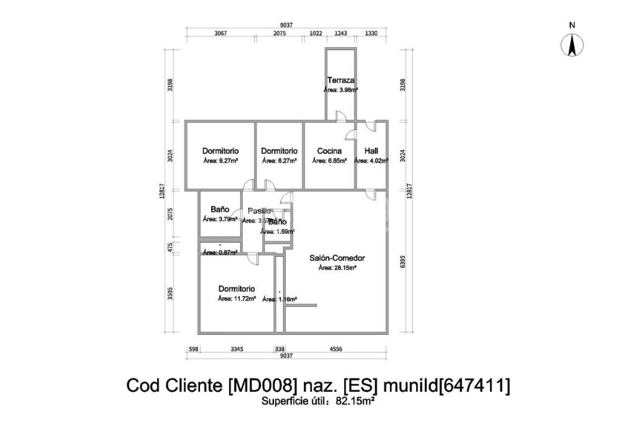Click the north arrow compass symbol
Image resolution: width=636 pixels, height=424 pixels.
(572, 44)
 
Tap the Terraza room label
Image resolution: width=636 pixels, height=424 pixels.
(341, 80)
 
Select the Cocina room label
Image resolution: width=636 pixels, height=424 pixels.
(329, 151)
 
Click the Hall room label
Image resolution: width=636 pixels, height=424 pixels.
(371, 151)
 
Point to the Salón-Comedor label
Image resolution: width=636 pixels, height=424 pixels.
(337, 258)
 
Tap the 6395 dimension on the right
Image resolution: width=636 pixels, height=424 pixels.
(404, 262)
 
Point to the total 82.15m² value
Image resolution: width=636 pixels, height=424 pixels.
(355, 402)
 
